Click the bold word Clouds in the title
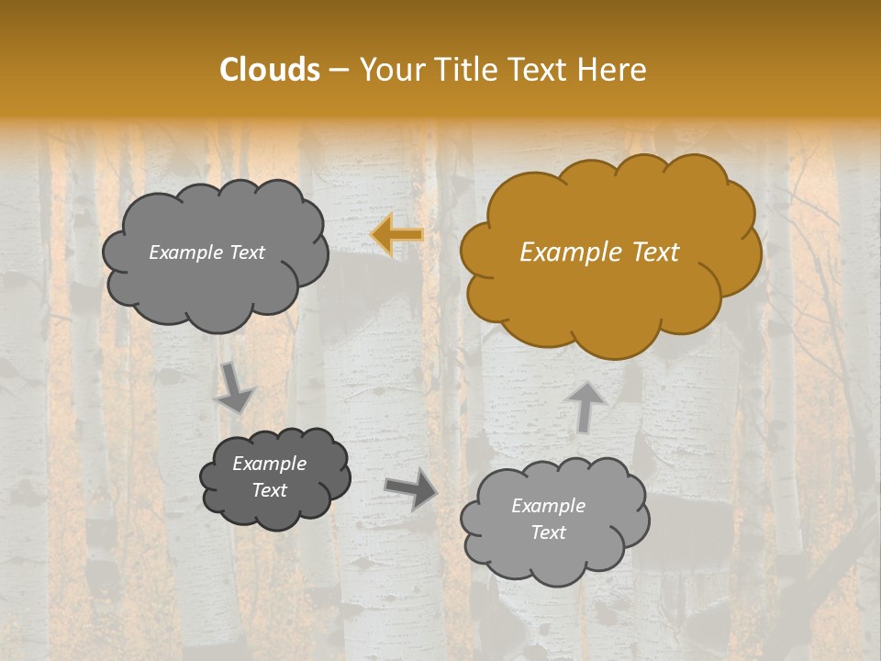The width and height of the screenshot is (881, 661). pyautogui.click(x=270, y=70)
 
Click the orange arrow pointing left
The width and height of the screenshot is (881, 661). pyautogui.click(x=396, y=234)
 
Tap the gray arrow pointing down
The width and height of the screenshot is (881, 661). pyautogui.click(x=235, y=387)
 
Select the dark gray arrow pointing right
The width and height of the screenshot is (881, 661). pyautogui.click(x=410, y=488)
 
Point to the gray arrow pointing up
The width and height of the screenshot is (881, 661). pyautogui.click(x=587, y=406)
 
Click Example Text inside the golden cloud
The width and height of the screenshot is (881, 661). pyautogui.click(x=599, y=252)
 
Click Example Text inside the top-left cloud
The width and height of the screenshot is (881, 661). pyautogui.click(x=206, y=252)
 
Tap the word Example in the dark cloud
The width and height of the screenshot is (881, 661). pyautogui.click(x=269, y=464)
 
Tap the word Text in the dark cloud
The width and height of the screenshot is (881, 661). pyautogui.click(x=269, y=490)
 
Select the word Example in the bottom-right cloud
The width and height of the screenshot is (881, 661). pyautogui.click(x=548, y=506)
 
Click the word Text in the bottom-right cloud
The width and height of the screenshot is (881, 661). pyautogui.click(x=548, y=532)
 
